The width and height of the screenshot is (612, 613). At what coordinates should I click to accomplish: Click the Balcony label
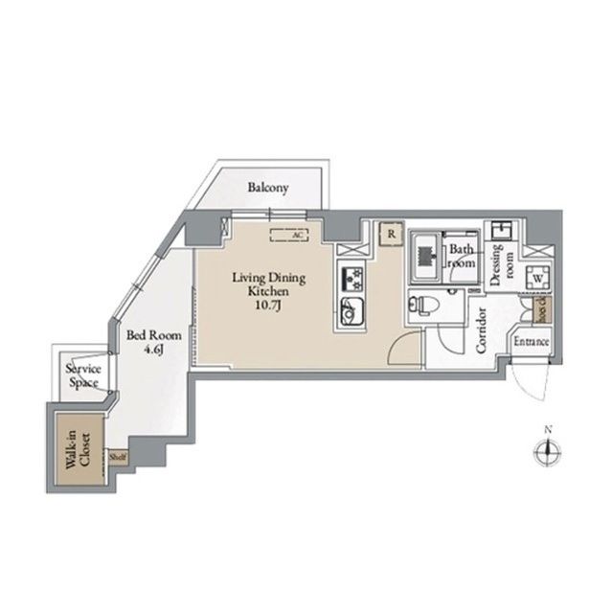pyautogui.click(x=267, y=188)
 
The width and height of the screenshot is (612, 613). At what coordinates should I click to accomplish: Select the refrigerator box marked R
pyautogui.click(x=391, y=233)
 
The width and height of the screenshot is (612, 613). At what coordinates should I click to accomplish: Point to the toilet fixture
pyautogui.click(x=421, y=306)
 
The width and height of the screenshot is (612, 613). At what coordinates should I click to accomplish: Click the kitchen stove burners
pyautogui.click(x=351, y=279)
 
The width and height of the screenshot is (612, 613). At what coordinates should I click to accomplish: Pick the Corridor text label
pyautogui.click(x=482, y=330)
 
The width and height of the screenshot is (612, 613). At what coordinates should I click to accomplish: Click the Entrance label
pyautogui.click(x=531, y=342)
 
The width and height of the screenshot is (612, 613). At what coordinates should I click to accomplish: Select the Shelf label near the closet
pyautogui.click(x=118, y=457)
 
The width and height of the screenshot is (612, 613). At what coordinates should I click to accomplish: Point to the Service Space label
pyautogui.click(x=83, y=376)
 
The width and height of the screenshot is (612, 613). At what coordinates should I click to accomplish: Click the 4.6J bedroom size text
pyautogui.click(x=154, y=351)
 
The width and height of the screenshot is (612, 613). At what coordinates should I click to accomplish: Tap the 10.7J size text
pyautogui.click(x=269, y=306)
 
